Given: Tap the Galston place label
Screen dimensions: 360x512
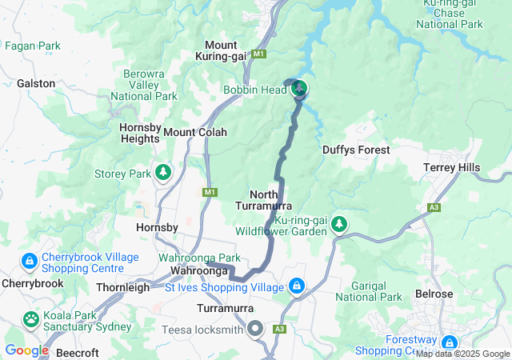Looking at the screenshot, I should point(36,83).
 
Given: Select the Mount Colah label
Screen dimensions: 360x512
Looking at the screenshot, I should point(195,132).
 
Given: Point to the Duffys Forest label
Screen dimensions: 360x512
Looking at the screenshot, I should point(356,150).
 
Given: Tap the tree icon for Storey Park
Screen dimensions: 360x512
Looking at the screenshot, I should point(164,172).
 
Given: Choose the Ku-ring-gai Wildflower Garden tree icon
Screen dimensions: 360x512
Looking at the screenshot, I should point(340,224).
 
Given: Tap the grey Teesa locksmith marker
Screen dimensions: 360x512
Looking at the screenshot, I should point(255,329).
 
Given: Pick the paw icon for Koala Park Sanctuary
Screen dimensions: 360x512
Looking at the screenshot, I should point(30,319).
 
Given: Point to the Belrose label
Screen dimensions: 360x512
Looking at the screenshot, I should point(434,294).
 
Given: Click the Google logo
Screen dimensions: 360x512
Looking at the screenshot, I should point(27,350).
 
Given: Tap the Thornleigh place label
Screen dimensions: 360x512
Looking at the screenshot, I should point(122,287).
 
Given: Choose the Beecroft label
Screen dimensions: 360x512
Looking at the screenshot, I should point(78,350).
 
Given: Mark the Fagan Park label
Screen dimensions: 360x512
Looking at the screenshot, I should point(33,46).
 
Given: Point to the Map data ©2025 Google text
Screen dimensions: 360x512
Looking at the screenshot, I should point(462,354).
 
